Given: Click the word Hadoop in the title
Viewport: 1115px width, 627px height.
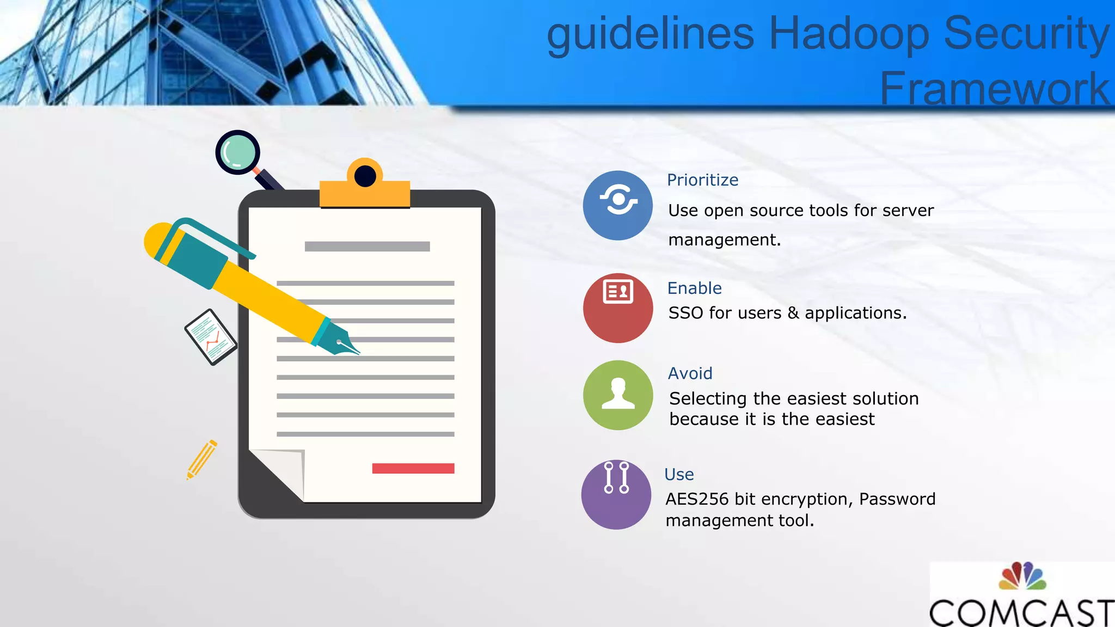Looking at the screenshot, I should coord(848,34).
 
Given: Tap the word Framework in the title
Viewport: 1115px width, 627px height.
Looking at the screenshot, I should coord(994,88).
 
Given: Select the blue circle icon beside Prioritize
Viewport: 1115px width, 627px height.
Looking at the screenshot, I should coord(617,205).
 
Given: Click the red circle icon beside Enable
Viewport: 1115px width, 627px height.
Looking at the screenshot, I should coord(617,308).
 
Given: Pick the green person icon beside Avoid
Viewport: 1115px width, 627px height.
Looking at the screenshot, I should coord(617,395).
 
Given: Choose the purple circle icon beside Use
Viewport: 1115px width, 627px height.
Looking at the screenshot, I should coord(616,494).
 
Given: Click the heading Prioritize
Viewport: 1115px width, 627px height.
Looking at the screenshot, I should coord(702,180).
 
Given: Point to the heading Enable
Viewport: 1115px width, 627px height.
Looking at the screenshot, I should coord(694,288).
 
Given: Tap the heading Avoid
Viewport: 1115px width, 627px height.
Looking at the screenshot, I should coord(690,373).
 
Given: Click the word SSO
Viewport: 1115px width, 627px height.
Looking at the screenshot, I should coord(686,313).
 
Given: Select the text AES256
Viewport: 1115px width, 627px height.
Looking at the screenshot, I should coord(697,499).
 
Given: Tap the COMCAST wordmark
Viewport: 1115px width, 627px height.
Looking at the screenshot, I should coord(1021,612).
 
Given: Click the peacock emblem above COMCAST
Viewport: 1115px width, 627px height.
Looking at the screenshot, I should coord(1022,576).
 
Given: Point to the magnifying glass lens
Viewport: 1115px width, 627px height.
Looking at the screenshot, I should coord(237,152).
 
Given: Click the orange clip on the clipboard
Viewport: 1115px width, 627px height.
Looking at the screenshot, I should coord(364,185).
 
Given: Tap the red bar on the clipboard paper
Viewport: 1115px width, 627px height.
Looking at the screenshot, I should coord(413,469).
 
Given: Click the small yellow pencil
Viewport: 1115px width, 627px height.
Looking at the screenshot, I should coord(201,460).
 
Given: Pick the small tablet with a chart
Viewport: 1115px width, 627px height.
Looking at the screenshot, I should coord(210,337).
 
